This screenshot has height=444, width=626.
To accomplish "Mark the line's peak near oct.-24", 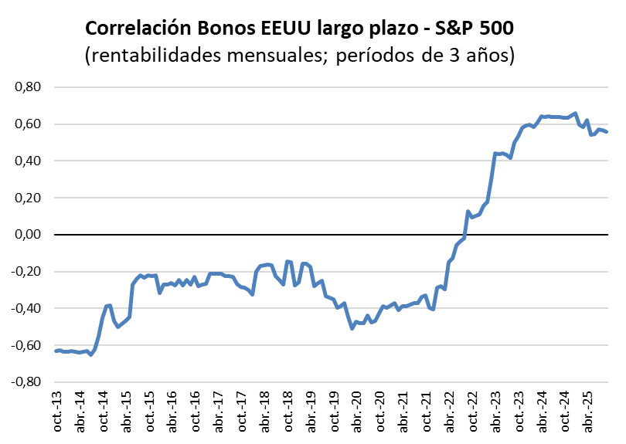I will click(574, 114).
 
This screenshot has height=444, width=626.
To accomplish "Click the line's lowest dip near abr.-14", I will click(90, 354).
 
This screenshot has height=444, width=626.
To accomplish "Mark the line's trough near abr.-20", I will click(352, 328).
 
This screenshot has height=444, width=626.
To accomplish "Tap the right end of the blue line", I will click(607, 132).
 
